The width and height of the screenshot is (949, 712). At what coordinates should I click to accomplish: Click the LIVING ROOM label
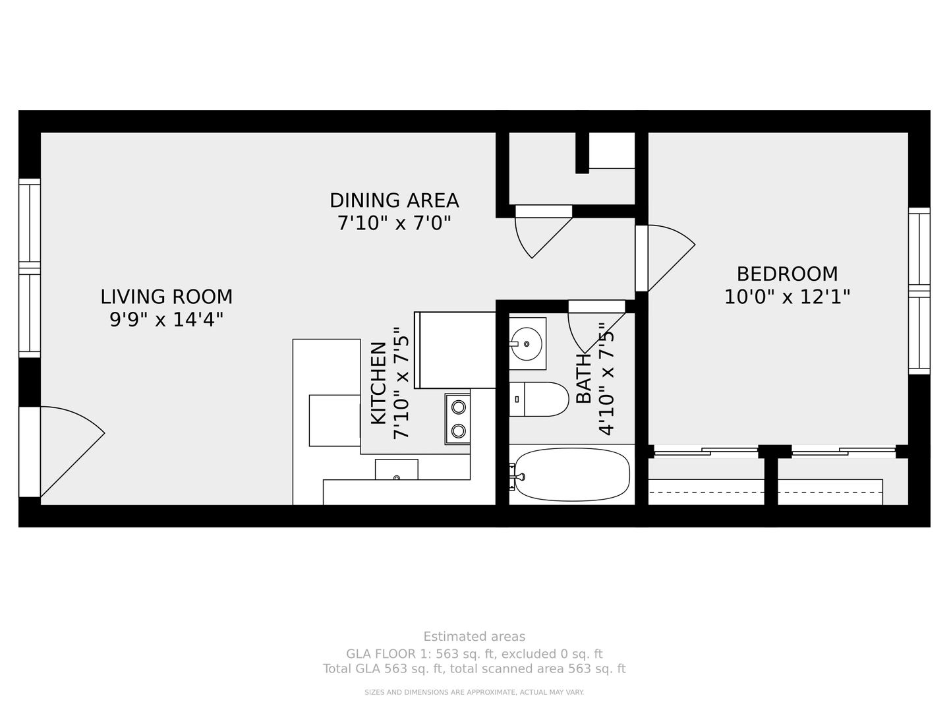(x=167, y=297)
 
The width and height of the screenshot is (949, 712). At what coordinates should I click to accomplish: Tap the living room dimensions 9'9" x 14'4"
(x=167, y=320)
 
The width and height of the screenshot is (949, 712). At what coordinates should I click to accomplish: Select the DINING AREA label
(x=394, y=200)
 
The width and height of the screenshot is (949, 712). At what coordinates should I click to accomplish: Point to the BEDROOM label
(x=788, y=274)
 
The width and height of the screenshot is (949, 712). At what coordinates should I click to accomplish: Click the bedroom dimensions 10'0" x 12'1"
(x=788, y=297)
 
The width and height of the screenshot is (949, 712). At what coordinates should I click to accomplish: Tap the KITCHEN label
(x=379, y=383)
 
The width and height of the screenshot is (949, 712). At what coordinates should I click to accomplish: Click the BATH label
(x=584, y=378)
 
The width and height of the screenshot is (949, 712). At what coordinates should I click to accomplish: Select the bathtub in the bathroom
(x=572, y=475)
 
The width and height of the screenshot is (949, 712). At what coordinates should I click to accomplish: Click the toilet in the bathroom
(x=538, y=399)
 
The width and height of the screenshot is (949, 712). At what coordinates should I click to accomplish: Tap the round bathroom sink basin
(x=525, y=343)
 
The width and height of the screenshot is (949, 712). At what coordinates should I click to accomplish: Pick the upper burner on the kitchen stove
(x=458, y=407)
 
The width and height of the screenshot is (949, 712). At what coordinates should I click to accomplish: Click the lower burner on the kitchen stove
(x=458, y=430)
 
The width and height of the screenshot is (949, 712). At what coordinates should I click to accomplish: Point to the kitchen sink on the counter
(x=397, y=469)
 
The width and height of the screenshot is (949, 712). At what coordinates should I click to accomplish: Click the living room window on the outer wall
(x=30, y=268)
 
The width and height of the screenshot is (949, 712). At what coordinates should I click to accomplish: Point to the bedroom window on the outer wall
(x=919, y=291)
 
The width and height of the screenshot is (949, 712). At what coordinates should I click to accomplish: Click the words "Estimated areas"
(x=474, y=636)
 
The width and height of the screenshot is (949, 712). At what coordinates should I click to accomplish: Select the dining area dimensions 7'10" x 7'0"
(x=394, y=223)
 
